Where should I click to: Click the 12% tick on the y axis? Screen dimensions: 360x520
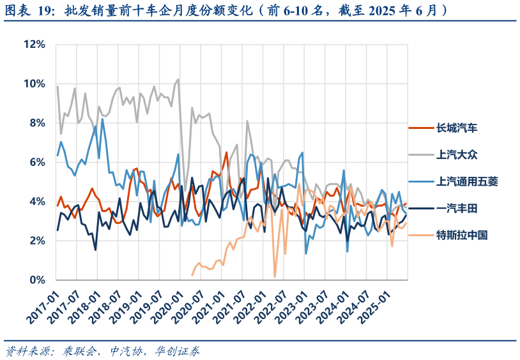(x=34, y=44)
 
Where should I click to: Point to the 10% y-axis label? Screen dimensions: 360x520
(x=34, y=84)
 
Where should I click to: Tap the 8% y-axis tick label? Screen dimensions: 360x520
(x=36, y=123)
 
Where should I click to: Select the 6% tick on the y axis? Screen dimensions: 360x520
(x=36, y=162)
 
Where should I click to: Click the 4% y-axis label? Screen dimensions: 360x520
(x=36, y=202)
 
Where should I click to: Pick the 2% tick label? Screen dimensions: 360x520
(x=36, y=241)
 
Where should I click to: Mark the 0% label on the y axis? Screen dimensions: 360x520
(x=36, y=280)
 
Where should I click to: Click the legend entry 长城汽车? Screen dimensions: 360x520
(x=457, y=128)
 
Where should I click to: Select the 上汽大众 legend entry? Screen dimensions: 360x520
(x=457, y=154)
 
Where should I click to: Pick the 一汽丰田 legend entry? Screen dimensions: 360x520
(x=457, y=208)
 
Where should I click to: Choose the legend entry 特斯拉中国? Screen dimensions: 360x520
(x=462, y=235)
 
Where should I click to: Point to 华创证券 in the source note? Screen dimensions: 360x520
(x=179, y=351)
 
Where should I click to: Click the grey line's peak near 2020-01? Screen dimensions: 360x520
(x=178, y=80)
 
